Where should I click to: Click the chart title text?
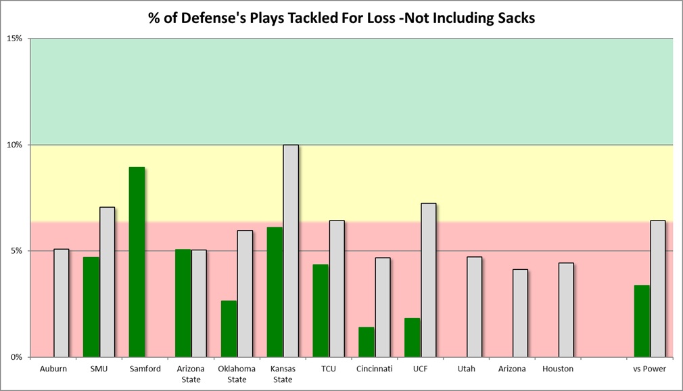click(x=341, y=18)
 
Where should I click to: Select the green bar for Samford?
click(x=137, y=262)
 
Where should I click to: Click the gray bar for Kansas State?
click(x=291, y=251)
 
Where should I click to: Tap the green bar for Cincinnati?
click(x=367, y=342)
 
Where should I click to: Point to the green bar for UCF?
click(x=413, y=337)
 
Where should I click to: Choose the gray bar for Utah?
click(x=474, y=306)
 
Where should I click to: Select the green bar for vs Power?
click(x=642, y=321)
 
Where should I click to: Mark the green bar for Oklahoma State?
click(x=229, y=329)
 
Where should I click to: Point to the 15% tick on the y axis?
click(x=14, y=39)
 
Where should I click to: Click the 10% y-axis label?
click(x=14, y=145)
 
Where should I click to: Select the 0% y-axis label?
click(x=16, y=357)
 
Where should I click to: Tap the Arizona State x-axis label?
click(x=191, y=374)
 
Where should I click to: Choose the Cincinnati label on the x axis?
click(x=374, y=369)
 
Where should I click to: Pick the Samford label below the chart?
click(x=145, y=369)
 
